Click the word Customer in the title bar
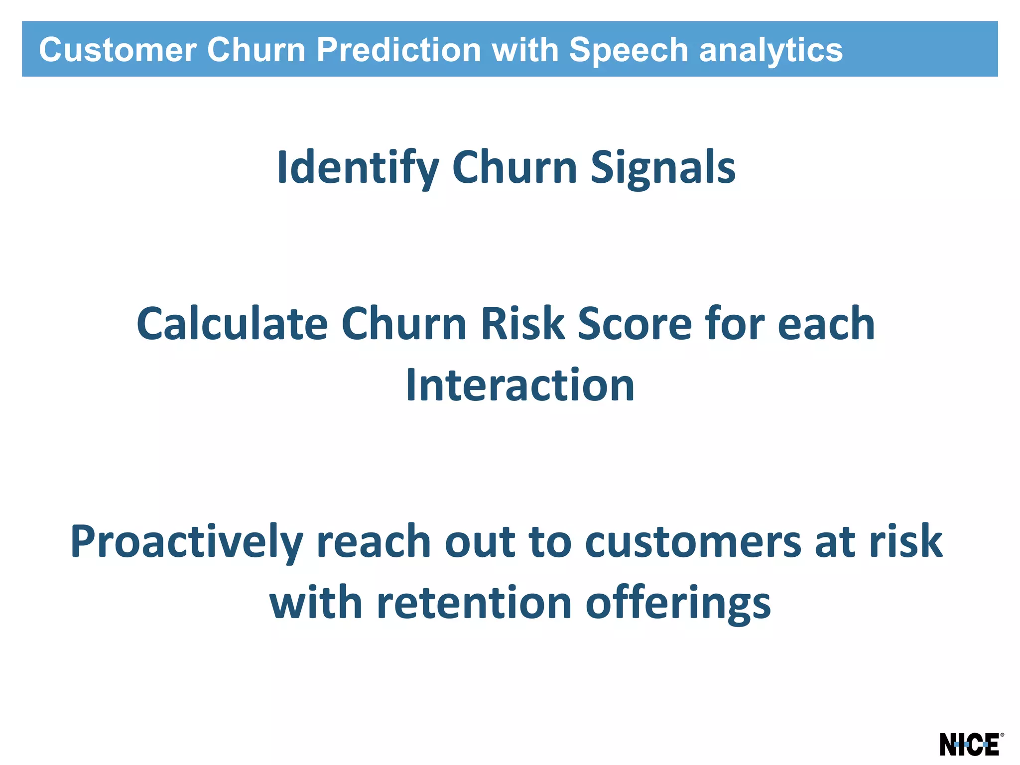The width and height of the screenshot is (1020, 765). (118, 50)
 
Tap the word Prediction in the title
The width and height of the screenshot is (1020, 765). (398, 50)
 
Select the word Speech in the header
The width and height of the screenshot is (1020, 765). (628, 50)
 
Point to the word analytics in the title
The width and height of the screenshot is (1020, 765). (770, 50)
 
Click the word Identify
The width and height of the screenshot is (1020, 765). (358, 168)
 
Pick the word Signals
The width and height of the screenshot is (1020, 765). (662, 168)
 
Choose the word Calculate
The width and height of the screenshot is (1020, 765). (232, 324)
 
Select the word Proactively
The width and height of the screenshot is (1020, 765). (187, 541)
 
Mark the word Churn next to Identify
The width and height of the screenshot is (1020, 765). (514, 168)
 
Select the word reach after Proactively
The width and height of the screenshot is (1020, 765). (374, 541)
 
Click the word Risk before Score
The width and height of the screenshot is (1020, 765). (522, 324)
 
